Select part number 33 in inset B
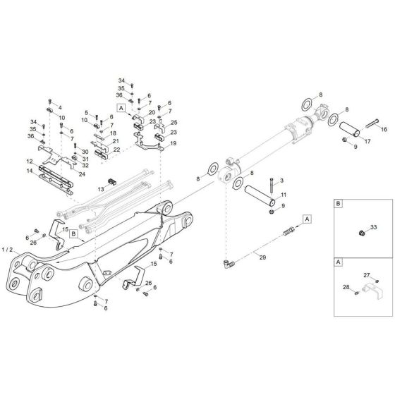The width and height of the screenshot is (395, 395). coord(374,227)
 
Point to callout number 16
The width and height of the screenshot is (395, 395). coord(384,130)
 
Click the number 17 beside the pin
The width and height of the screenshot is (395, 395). coord(367,142)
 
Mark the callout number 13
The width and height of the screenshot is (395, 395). coord(102,190)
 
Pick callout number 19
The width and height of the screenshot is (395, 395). coord(174,143)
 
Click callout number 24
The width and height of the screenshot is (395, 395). coord(83,174)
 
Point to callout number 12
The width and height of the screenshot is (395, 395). coord(30,162)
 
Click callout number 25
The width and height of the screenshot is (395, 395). coord(174,123)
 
